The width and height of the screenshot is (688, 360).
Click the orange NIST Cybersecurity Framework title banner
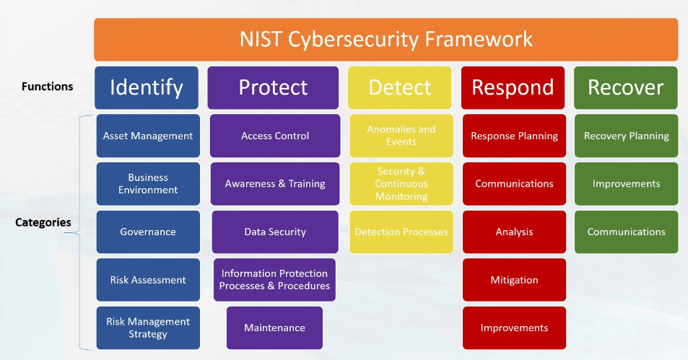(386, 39)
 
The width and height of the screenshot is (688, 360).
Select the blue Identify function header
(147, 87)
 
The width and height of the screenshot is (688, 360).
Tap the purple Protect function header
(273, 87)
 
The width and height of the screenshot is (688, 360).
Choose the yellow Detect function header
(400, 87)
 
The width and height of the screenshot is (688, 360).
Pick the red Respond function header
(513, 87)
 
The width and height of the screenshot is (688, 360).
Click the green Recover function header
(625, 87)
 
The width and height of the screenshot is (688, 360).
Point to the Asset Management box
(148, 136)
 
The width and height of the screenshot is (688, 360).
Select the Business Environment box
(148, 184)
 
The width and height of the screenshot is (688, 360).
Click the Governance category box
(148, 232)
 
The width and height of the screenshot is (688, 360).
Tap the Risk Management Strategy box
(148, 328)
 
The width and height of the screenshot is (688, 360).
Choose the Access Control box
(275, 136)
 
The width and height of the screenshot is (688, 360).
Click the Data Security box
(275, 232)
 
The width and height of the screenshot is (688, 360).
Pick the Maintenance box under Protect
(274, 328)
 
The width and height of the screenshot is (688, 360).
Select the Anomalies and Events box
(401, 136)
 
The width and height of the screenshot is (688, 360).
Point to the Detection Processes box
(401, 232)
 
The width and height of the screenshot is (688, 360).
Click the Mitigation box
(514, 280)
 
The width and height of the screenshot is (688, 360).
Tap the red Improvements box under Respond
(514, 328)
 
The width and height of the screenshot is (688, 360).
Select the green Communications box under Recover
(626, 232)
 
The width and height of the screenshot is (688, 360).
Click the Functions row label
(48, 87)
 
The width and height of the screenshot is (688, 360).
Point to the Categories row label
(43, 222)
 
